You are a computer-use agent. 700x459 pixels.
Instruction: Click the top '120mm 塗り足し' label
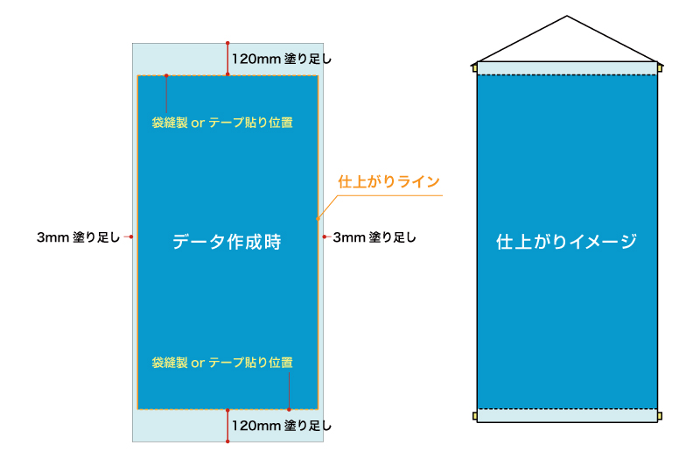tap(281, 59)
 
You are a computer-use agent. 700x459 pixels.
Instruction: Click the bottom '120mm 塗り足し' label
tap(281, 426)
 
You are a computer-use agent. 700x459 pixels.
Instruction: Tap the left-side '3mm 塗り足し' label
tap(78, 237)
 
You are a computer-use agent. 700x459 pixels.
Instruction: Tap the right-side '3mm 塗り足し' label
tap(374, 237)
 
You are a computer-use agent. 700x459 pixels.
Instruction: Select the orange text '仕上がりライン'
tap(388, 181)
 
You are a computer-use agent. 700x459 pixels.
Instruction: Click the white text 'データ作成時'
tap(227, 242)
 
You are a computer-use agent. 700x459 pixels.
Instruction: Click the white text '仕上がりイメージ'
tap(566, 242)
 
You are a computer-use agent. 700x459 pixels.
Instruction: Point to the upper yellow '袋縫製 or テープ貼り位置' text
tap(222, 123)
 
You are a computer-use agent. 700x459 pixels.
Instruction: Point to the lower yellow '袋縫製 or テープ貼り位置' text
tap(222, 363)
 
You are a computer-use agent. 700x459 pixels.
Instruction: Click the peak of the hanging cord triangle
tap(567, 16)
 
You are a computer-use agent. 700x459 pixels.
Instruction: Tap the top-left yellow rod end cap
tap(474, 68)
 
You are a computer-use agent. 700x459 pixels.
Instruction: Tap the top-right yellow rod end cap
tap(660, 68)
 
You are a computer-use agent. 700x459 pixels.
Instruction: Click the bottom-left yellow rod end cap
tap(474, 416)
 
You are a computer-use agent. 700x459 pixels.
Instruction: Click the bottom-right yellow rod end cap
tap(660, 416)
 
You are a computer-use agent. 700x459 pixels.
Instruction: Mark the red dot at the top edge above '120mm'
tap(227, 43)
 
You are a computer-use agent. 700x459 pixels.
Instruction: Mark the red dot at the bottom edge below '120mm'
tap(227, 441)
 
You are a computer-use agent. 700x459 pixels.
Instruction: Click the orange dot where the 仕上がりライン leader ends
tap(318, 219)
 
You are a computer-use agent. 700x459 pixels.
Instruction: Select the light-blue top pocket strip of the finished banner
tap(567, 68)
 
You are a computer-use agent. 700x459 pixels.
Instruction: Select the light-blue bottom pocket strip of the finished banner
tap(567, 416)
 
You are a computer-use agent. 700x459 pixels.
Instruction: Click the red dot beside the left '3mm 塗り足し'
tap(130, 237)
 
